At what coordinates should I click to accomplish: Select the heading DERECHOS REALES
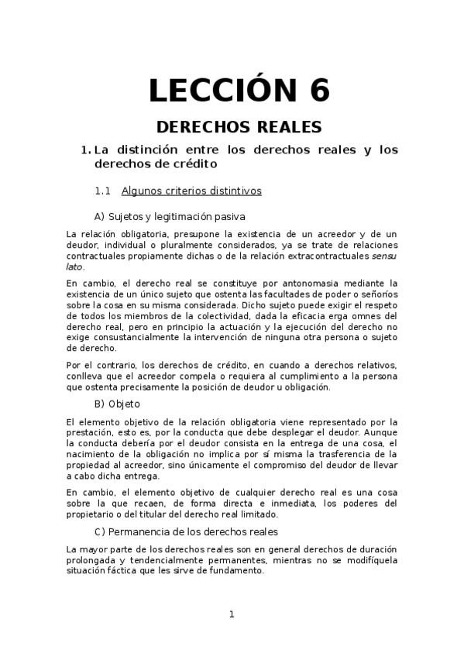tap(239, 126)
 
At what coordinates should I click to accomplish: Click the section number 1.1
tap(104, 191)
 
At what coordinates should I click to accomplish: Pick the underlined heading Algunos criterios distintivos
tap(191, 191)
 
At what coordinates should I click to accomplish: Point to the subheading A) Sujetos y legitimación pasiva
tap(170, 216)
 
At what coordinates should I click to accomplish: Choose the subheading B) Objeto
tap(117, 404)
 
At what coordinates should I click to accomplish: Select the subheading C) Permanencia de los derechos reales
tap(186, 531)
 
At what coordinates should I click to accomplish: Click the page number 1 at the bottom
tap(231, 614)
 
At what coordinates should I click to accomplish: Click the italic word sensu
tap(383, 255)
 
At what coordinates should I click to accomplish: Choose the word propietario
tap(92, 514)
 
